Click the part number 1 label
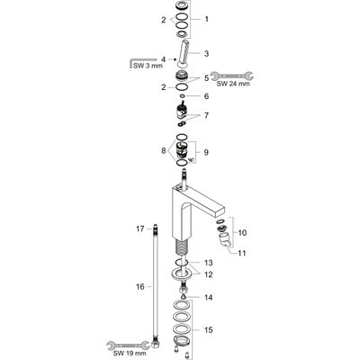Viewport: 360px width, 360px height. (x=206, y=19)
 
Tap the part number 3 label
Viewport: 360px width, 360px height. (x=206, y=54)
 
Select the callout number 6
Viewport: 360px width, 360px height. (x=206, y=96)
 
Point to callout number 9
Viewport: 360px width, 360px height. (x=206, y=152)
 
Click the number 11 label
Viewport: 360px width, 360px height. (x=242, y=253)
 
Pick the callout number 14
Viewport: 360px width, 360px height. (x=209, y=298)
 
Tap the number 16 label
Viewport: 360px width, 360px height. (x=140, y=287)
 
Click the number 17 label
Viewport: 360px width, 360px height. (x=140, y=229)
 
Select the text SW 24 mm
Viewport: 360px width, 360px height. (x=233, y=84)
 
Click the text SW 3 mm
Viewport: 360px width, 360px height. (x=148, y=66)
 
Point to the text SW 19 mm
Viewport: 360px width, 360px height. (x=129, y=353)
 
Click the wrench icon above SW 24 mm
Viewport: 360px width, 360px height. (x=231, y=76)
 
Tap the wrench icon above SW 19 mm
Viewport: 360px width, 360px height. (x=129, y=345)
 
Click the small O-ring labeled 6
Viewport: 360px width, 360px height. (x=182, y=96)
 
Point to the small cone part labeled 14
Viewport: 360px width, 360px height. (x=183, y=296)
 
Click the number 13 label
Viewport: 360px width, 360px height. (x=208, y=263)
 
